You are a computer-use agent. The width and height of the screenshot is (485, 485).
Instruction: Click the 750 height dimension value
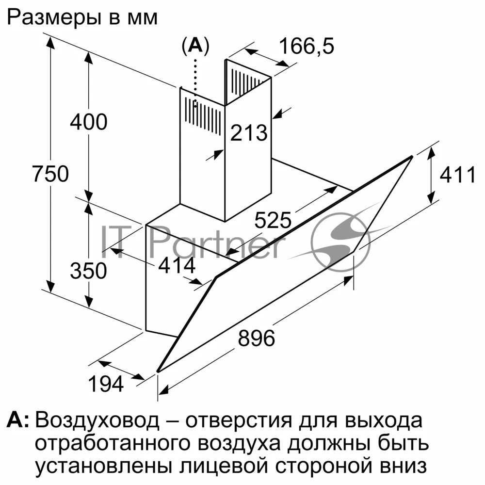pyautogui.click(x=50, y=174)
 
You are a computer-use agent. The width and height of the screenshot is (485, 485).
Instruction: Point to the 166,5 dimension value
pyautogui.click(x=307, y=47)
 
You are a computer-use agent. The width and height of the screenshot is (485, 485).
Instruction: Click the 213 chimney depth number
pyautogui.click(x=249, y=132)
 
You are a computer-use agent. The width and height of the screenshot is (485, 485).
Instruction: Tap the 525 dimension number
pyautogui.click(x=273, y=221)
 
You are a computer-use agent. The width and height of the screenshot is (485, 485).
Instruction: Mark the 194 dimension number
pyautogui.click(x=106, y=384)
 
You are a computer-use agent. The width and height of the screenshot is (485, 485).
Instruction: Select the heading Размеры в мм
pyautogui.click(x=83, y=18)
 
